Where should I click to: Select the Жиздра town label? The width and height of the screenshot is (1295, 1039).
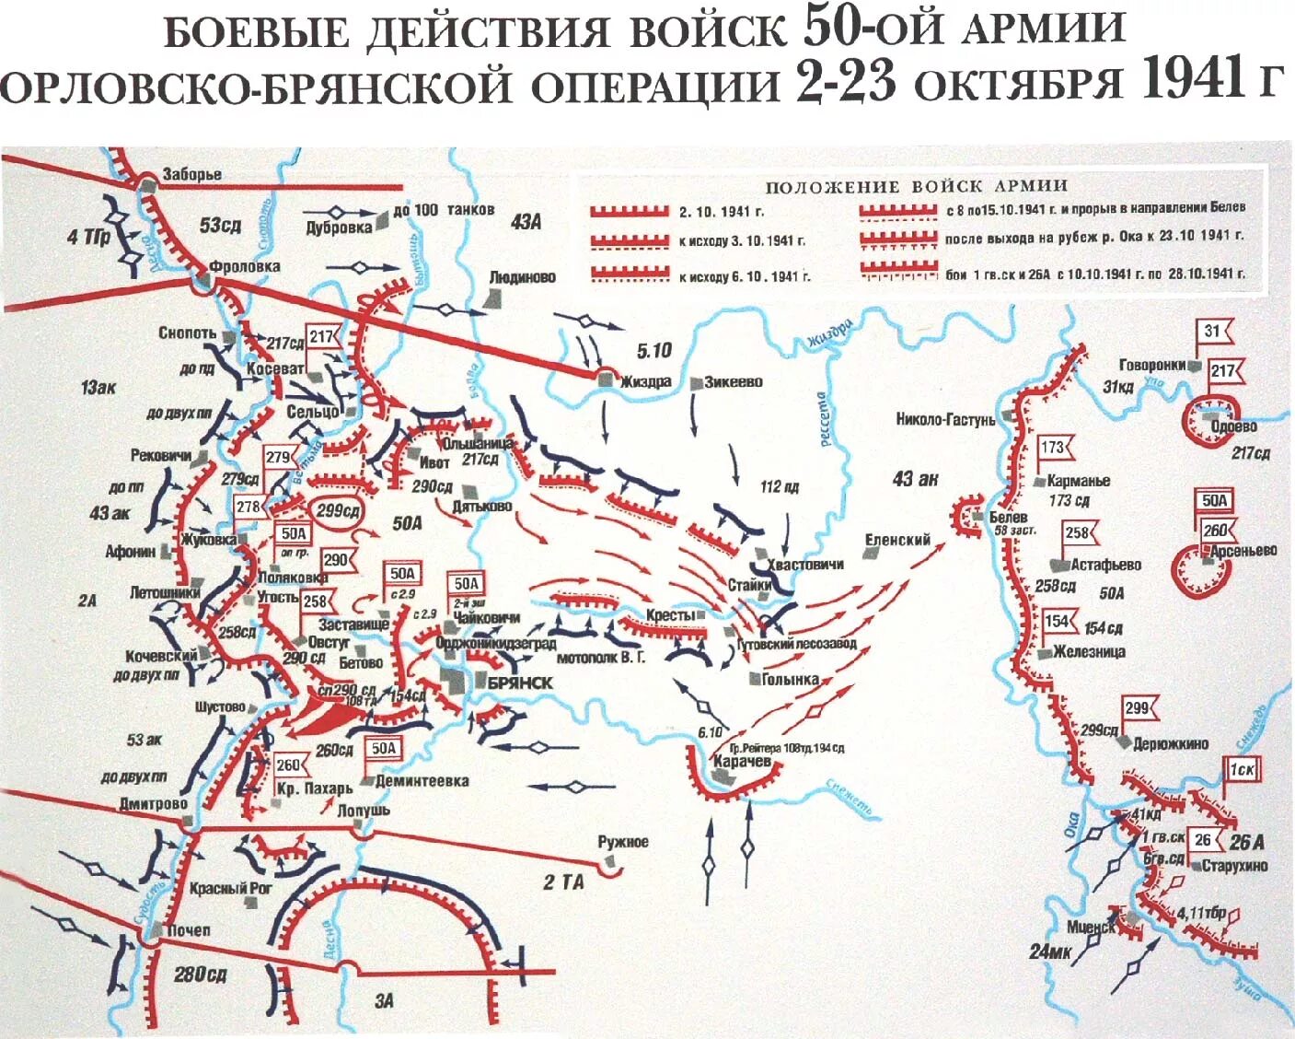646,381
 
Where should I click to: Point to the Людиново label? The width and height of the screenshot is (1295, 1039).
523,276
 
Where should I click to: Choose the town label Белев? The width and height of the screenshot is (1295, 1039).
1008,518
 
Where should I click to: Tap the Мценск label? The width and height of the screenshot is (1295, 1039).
1091,928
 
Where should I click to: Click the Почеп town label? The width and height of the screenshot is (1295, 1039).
188,930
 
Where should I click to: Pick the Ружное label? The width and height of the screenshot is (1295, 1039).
623,842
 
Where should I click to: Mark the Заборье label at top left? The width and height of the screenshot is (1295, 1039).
191,174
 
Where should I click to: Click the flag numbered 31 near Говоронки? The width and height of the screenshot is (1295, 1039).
1212,333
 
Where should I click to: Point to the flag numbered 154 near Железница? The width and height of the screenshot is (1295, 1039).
1057,621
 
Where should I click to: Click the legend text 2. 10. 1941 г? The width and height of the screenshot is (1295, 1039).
722,212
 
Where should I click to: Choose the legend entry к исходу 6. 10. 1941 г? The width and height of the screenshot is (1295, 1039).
744,276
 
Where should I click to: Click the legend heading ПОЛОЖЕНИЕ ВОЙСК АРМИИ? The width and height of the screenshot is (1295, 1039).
916,186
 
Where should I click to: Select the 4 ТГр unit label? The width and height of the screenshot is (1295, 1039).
87,237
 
